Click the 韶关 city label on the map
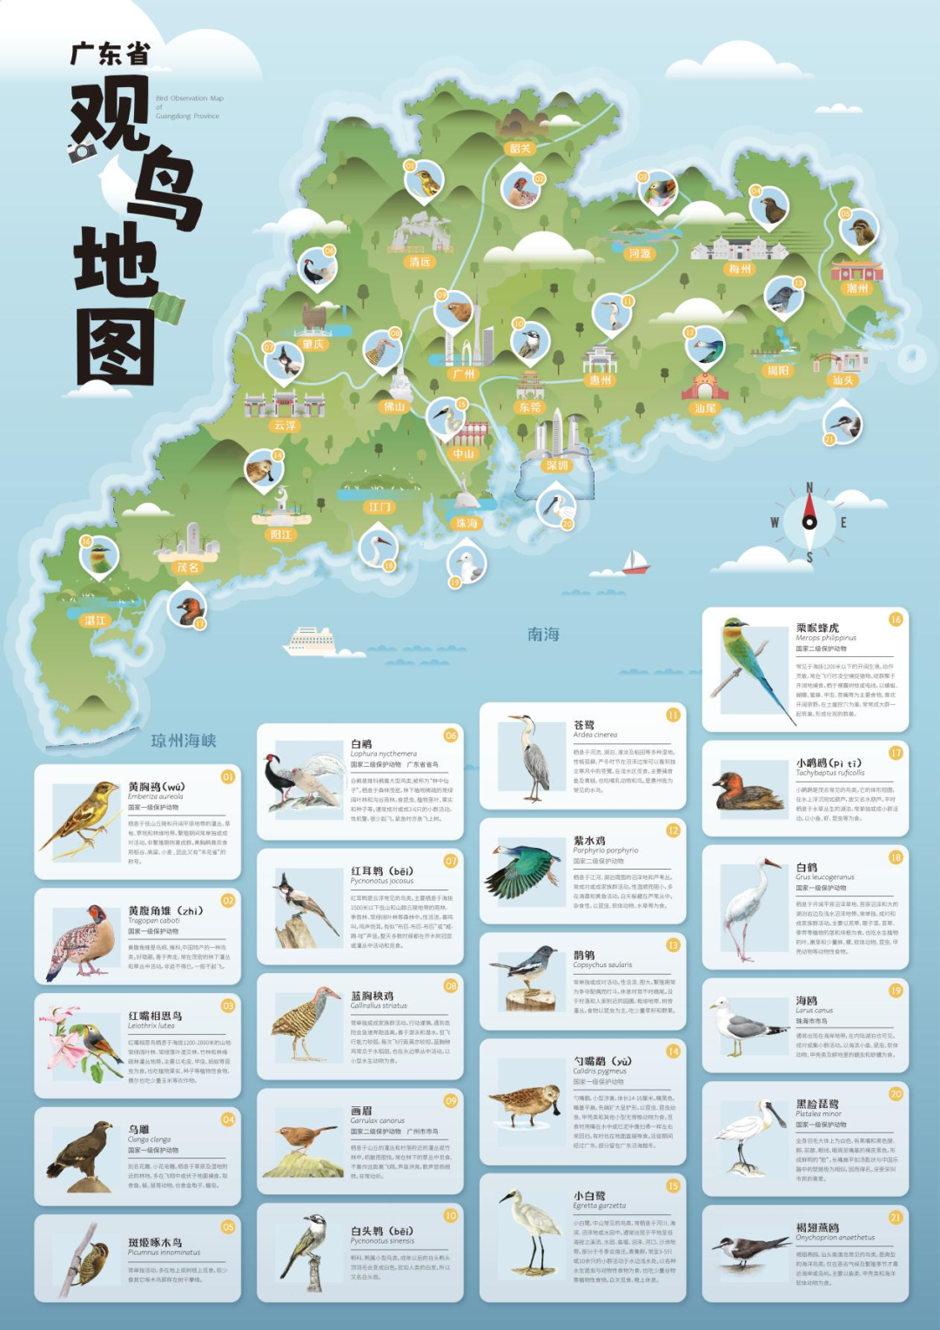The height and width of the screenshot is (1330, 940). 520,149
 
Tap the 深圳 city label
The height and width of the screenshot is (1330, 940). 557,466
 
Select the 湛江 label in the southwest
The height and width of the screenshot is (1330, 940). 95,621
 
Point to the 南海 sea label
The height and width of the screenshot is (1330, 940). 543,635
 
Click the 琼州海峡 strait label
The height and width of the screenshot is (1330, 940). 184,741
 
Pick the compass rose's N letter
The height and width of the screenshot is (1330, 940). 809,488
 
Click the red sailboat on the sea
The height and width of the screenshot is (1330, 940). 635,561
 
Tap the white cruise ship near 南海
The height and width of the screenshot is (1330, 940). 310,641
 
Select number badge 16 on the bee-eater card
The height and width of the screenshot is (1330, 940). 896,620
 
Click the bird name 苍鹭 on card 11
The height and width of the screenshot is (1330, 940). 584,724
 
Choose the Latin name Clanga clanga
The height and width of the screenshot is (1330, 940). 150,1139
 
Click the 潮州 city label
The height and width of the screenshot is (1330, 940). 857,288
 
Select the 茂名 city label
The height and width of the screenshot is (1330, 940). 188,568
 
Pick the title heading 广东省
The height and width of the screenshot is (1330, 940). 111,54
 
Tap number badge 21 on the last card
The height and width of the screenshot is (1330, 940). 896,1218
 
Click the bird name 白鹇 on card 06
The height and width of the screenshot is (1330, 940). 361,744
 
